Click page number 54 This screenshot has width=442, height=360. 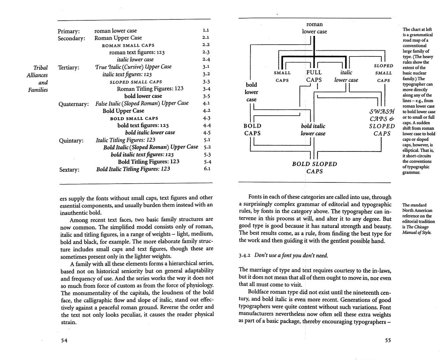tap(64, 340)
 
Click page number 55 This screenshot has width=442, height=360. tap(388, 340)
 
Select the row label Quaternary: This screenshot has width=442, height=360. tap(73, 104)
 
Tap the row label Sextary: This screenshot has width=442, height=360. tap(69, 170)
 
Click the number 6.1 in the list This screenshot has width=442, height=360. tap(207, 169)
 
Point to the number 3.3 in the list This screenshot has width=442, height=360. tap(206, 82)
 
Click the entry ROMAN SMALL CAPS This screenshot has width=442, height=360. tap(128, 45)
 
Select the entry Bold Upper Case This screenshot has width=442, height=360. tap(123, 111)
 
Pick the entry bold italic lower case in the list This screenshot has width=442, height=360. tap(150, 133)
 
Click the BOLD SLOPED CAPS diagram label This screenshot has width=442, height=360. tap(314, 168)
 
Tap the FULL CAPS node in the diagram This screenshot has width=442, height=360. tap(314, 76)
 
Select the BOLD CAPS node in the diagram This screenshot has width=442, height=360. tap(253, 130)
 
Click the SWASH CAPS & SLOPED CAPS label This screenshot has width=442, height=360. tap(382, 122)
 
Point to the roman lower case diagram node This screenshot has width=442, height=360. tap(314, 28)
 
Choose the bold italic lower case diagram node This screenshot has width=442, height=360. tap(313, 130)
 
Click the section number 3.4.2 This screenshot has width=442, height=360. tap(244, 256)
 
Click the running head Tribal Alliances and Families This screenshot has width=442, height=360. tap(38, 79)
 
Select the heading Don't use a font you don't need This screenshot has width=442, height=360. tap(291, 255)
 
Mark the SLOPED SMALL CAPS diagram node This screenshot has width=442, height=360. tap(383, 73)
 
